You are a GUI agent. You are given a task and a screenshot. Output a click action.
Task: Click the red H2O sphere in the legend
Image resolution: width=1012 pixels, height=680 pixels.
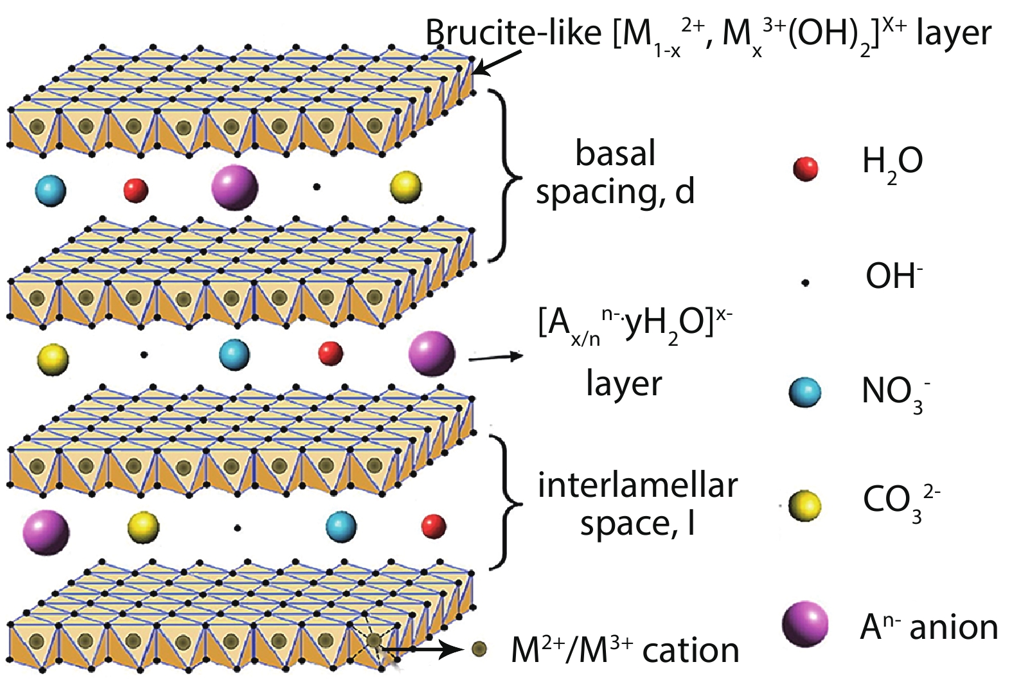806,169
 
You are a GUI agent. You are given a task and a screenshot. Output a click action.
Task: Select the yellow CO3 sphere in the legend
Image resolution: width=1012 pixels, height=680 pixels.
804,506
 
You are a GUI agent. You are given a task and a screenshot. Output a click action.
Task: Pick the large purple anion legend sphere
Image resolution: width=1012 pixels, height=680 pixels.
805,625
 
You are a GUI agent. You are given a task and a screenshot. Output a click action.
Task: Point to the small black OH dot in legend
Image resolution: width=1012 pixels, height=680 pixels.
805,283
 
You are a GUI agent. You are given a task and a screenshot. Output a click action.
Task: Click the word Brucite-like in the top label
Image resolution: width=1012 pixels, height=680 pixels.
513,33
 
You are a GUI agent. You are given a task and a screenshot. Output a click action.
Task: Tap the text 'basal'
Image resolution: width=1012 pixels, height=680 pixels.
616,153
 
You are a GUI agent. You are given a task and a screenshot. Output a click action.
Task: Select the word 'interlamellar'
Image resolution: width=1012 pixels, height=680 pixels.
638,486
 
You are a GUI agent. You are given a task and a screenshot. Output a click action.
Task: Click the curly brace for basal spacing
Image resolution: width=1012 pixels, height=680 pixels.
506,175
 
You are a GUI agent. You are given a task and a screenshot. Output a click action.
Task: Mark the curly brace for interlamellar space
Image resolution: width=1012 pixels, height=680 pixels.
505,502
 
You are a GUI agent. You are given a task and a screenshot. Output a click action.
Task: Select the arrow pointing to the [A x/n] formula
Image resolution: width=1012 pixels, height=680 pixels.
496,357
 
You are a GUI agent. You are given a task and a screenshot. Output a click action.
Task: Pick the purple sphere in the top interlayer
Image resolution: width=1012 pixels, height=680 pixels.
235,187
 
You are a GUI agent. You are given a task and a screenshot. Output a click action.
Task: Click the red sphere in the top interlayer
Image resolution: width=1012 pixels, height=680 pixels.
136,190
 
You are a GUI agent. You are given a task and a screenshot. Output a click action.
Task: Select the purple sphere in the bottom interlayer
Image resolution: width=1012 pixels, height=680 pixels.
46,532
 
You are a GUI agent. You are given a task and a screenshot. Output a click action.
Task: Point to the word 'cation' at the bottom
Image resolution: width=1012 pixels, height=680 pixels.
691,651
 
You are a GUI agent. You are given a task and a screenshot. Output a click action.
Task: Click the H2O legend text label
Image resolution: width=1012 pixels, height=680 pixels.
892,166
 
